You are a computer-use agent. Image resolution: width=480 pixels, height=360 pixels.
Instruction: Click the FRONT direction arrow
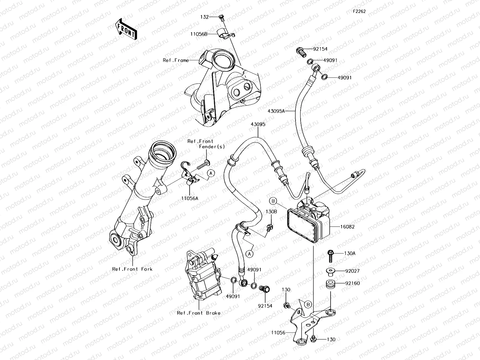[125, 29]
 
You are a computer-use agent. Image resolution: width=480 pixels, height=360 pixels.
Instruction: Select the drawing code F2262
[359, 11]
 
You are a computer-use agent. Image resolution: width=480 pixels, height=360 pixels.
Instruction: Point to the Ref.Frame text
[176, 60]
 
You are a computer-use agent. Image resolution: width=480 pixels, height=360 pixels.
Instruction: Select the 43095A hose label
[276, 111]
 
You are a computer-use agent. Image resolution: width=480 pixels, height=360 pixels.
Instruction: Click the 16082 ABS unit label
[347, 227]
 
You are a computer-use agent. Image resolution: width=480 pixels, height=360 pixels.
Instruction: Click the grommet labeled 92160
[330, 283]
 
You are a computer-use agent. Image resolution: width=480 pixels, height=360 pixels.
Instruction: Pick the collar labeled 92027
[330, 271]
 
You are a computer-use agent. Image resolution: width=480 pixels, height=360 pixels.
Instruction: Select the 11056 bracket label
[278, 332]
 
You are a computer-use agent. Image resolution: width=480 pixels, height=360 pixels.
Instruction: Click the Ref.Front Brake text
[199, 313]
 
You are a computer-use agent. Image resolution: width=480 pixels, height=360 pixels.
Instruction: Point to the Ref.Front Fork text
[132, 269]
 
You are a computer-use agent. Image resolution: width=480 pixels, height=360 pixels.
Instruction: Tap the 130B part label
[271, 211]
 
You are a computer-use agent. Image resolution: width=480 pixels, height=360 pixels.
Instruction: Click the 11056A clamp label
[190, 198]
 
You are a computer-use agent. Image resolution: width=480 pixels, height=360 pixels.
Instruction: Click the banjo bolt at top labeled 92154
[301, 52]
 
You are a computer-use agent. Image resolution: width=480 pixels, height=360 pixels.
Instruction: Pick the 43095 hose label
[258, 124]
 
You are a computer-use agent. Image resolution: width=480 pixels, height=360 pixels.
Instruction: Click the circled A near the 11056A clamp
[211, 173]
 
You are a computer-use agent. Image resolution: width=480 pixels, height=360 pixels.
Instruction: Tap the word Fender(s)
[212, 147]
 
